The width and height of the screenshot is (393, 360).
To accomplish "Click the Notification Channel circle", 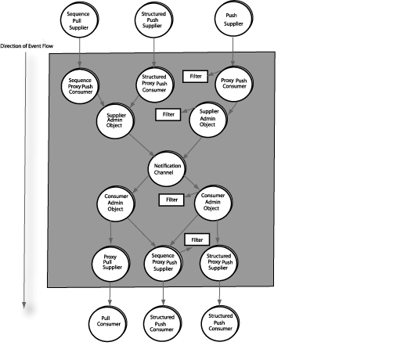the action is [x=167, y=168].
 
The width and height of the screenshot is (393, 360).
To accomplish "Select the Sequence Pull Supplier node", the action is [x=79, y=20].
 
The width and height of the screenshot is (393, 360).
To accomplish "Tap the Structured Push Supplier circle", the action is [x=154, y=20].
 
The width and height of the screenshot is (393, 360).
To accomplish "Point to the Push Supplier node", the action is [x=233, y=19].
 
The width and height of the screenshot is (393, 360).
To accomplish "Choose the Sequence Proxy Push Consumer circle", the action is [x=81, y=86].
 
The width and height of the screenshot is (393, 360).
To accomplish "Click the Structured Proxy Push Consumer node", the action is [x=155, y=84].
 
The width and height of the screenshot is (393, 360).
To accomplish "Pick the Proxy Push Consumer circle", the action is [x=234, y=84].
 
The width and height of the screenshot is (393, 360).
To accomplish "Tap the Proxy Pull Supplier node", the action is [x=111, y=264].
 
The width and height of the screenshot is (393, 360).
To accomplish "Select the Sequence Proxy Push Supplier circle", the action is [x=164, y=263].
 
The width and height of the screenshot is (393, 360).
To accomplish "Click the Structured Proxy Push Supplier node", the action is [x=219, y=262].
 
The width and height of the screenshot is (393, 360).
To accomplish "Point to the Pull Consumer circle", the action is [x=108, y=323].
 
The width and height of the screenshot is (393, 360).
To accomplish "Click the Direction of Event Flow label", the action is [x=27, y=46].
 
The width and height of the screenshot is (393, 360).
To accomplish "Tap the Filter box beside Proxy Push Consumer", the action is [x=196, y=77].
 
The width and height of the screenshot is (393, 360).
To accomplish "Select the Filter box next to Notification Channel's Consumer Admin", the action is [x=171, y=200].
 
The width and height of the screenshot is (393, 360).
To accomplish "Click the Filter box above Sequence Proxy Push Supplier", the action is [x=197, y=239].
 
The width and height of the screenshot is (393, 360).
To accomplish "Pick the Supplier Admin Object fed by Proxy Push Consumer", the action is [x=208, y=120].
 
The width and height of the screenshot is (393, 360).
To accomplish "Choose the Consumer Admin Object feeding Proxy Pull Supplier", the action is [x=116, y=203].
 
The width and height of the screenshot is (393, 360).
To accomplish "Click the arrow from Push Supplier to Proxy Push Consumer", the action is [x=233, y=52].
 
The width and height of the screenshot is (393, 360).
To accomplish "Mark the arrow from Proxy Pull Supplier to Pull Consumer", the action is [x=110, y=293].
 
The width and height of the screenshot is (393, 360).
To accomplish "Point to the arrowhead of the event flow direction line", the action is [x=24, y=305].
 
